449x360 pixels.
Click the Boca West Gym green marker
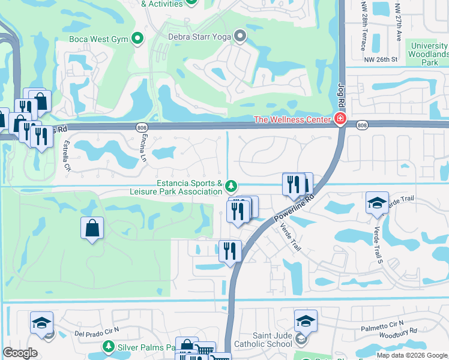(137, 38)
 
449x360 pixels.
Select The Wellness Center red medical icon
(340, 119)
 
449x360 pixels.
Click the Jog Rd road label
(342, 97)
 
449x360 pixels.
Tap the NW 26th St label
(381, 59)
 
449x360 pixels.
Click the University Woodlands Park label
(429, 54)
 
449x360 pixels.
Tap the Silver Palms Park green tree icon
(109, 346)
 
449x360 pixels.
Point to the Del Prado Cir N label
(97, 331)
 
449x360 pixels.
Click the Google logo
(20, 353)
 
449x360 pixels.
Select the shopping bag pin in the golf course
(92, 227)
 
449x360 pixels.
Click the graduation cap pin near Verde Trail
(377, 203)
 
